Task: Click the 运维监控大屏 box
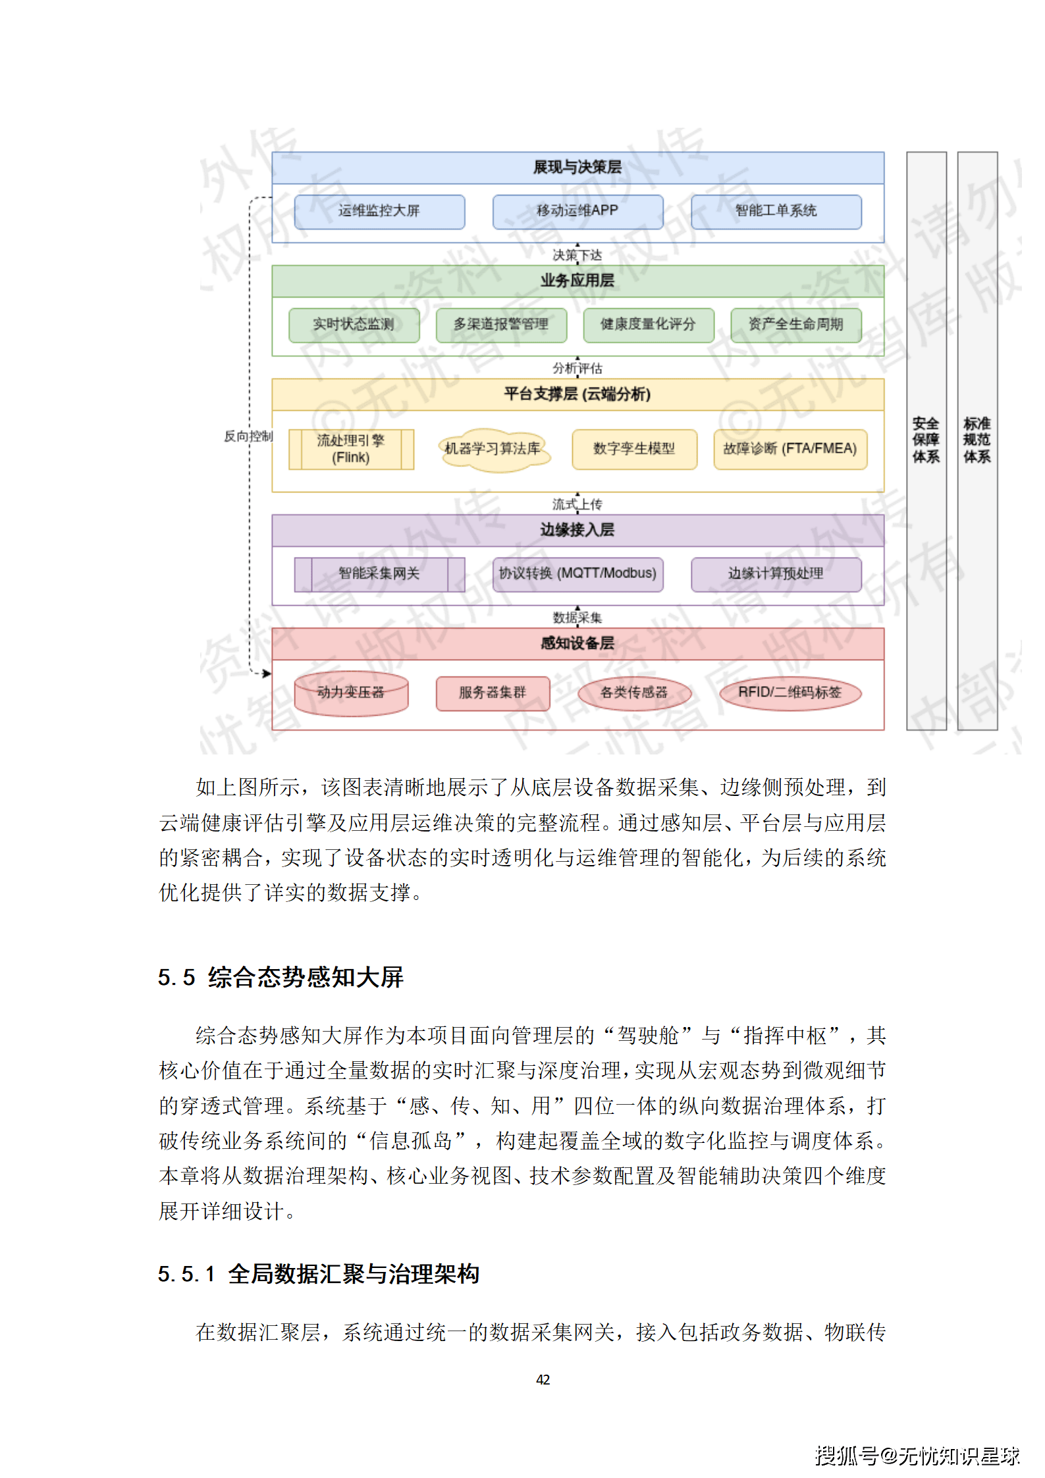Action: pyautogui.click(x=379, y=211)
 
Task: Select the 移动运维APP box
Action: pyautogui.click(x=577, y=211)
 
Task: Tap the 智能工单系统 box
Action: pyautogui.click(x=776, y=211)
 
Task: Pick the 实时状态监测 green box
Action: pyautogui.click(x=354, y=325)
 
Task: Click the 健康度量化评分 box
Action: pyautogui.click(x=648, y=325)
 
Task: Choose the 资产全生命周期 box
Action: pyautogui.click(x=795, y=325)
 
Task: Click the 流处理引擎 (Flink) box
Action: pyautogui.click(x=351, y=449)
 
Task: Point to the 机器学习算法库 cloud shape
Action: pyautogui.click(x=493, y=449)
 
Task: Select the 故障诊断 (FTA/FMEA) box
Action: pyautogui.click(x=790, y=449)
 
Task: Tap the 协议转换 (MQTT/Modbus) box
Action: pyautogui.click(x=577, y=574)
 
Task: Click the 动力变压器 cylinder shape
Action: pyautogui.click(x=351, y=693)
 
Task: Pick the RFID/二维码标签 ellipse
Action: pyautogui.click(x=790, y=693)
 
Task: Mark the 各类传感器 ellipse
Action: pyautogui.click(x=634, y=693)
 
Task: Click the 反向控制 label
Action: pyautogui.click(x=248, y=436)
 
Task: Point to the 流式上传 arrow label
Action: pyautogui.click(x=577, y=504)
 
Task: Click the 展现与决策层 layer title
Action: pyautogui.click(x=577, y=168)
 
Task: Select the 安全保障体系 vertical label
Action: pyautogui.click(x=926, y=440)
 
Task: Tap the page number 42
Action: pyautogui.click(x=543, y=1379)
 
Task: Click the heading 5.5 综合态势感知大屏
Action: pyautogui.click(x=281, y=978)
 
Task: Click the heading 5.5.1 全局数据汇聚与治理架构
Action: pyautogui.click(x=318, y=1274)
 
